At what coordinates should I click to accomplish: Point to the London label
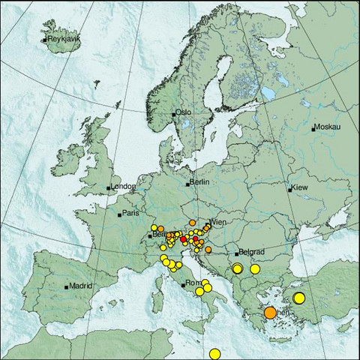point(122,186)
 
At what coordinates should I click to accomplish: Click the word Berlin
point(199,182)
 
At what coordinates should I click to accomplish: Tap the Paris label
point(131,213)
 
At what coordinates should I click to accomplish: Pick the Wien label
point(218,223)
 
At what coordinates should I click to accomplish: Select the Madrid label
point(80,286)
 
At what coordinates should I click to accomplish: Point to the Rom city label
point(193,283)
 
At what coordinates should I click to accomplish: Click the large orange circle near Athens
point(271,313)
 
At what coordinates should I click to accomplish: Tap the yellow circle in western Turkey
point(299,298)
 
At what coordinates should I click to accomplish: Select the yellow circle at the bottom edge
point(215,354)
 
